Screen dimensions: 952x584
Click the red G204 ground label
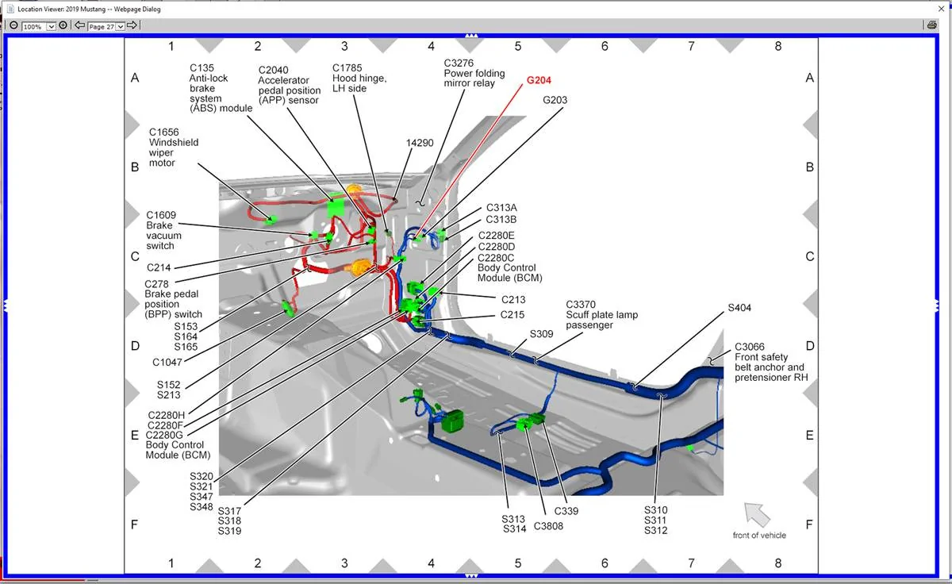pos(539,80)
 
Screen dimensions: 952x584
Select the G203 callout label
pos(555,100)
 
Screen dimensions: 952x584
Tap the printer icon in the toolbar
pos(932,25)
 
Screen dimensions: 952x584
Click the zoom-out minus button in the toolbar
pos(13,25)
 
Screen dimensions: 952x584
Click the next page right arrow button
pos(132,25)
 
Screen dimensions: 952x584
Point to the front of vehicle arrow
pos(757,514)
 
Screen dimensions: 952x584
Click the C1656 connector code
pos(163,133)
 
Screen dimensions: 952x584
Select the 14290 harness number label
pos(420,143)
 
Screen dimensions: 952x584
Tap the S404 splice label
pos(739,308)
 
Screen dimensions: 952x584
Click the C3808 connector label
pos(548,526)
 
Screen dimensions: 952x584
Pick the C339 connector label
pos(566,511)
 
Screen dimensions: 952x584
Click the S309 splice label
pos(541,334)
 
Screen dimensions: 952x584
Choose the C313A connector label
pos(501,208)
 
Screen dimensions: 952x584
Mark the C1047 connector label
pos(167,363)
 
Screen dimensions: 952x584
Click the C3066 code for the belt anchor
pos(749,347)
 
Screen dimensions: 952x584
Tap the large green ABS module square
pos(336,208)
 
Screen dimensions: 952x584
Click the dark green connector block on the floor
pos(452,421)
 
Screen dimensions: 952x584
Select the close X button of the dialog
pos(942,9)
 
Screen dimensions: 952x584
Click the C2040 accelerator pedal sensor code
pos(273,70)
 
